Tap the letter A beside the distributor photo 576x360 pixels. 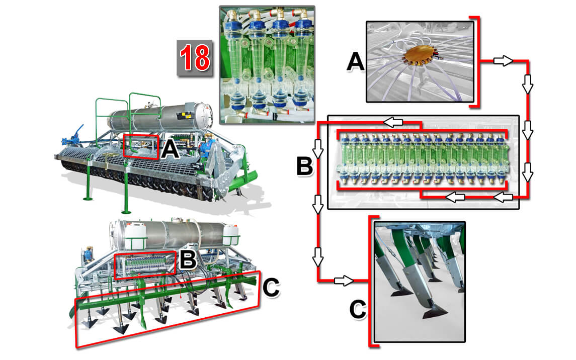pyautogui.click(x=356, y=62)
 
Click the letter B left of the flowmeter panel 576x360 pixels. pyautogui.click(x=305, y=165)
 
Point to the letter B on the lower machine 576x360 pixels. pyautogui.click(x=188, y=259)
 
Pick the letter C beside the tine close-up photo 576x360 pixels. pyautogui.click(x=358, y=310)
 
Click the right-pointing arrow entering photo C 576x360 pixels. pyautogui.click(x=344, y=280)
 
